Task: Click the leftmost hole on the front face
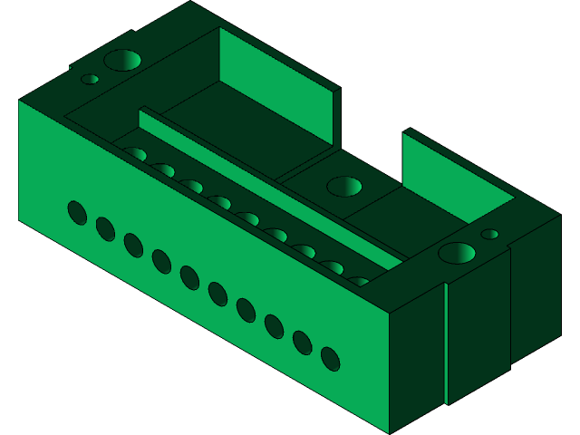(x=77, y=213)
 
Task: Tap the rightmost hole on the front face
(x=330, y=359)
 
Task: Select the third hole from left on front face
(x=133, y=245)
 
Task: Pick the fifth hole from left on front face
(x=189, y=277)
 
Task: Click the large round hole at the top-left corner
(x=121, y=61)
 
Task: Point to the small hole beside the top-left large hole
(x=90, y=79)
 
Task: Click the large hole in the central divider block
(x=343, y=187)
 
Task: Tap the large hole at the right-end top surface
(x=457, y=252)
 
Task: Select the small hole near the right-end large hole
(x=489, y=234)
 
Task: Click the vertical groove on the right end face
(x=446, y=344)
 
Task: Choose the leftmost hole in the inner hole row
(x=136, y=154)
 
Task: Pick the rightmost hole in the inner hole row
(x=360, y=282)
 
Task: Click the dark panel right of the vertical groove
(x=478, y=326)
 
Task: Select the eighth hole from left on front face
(x=274, y=326)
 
